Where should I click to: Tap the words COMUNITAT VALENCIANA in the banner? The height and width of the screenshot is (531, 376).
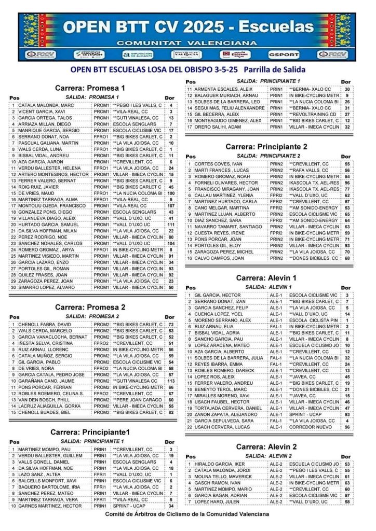tap(187, 43)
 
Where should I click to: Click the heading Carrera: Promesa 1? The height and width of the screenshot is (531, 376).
tap(90, 88)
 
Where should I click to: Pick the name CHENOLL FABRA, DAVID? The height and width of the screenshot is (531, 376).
tap(42, 324)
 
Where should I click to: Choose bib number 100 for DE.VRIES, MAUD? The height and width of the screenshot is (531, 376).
tap(171, 193)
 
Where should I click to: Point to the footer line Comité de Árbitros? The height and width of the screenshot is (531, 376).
tap(187, 514)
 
